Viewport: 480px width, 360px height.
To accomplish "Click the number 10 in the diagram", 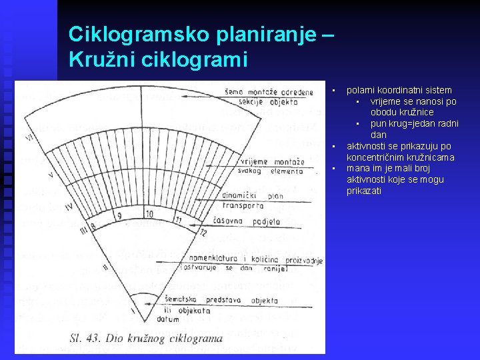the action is point(149,214).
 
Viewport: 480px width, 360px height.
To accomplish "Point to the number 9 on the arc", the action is point(119,216).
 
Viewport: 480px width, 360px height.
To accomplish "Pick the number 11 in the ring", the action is point(179,219).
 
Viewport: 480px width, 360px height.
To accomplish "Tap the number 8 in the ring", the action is point(93,227).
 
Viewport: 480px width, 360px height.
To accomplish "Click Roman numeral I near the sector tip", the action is point(132,311).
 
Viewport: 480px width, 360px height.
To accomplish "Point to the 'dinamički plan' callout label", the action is point(261,196).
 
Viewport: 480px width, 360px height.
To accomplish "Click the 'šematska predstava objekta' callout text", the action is point(233,301).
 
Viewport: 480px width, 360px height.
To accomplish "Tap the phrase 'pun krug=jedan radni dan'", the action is point(414,129).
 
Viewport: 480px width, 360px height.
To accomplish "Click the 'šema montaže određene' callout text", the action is point(277,92).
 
